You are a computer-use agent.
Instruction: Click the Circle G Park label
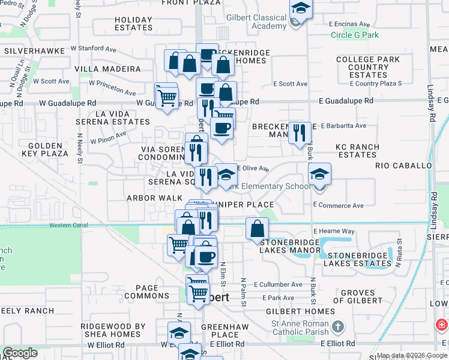pos(355,35)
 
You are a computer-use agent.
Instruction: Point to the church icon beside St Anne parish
pos(338,327)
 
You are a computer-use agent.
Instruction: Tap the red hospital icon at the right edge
pos(442,325)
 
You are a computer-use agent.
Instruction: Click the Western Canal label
pos(68,226)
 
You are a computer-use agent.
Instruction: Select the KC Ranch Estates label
pos(358,151)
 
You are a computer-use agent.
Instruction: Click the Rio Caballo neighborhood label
pos(403,165)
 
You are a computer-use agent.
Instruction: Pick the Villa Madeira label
pos(107,69)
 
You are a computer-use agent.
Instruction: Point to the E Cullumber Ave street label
pos(278,284)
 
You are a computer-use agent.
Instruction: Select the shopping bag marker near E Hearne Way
pos(257,228)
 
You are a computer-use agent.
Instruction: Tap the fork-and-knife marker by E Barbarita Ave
pos(299,133)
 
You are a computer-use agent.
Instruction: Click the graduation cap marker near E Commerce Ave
pos(320,175)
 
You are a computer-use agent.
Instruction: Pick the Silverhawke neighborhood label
pos(31,52)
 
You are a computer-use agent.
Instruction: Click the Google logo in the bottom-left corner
pos(20,353)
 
